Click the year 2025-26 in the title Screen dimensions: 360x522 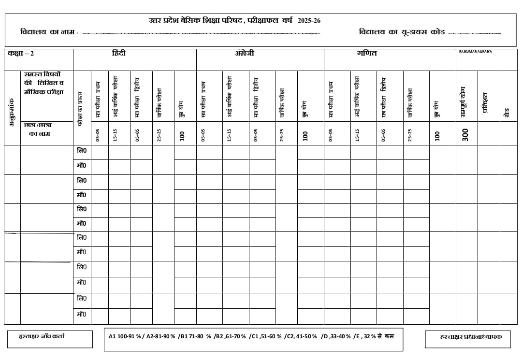(309, 21)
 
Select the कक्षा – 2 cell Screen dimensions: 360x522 (21, 54)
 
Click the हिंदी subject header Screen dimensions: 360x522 (118, 53)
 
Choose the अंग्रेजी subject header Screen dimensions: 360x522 (244, 53)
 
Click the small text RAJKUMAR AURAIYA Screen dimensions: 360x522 (475, 51)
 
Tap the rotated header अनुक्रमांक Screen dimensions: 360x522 (12, 113)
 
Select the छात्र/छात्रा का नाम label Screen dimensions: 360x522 (38, 129)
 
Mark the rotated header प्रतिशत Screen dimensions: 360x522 (486, 102)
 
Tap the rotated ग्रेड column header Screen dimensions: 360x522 (507, 114)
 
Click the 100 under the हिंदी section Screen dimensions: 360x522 (182, 136)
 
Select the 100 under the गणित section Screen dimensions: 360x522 (437, 136)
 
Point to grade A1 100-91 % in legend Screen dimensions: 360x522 (125, 336)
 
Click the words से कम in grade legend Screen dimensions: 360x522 (386, 336)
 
